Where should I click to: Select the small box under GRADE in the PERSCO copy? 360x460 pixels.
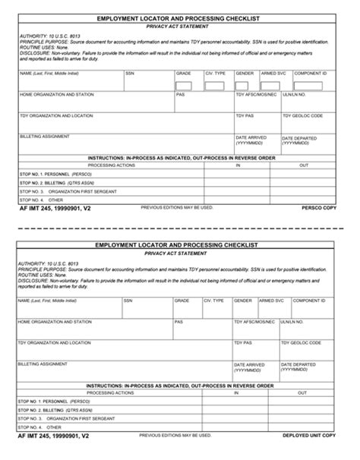click(185, 85)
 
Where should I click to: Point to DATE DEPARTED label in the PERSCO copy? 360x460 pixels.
click(298, 140)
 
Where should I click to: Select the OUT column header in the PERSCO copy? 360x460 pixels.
click(304, 165)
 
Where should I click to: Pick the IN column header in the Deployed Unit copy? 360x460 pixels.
click(237, 392)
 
